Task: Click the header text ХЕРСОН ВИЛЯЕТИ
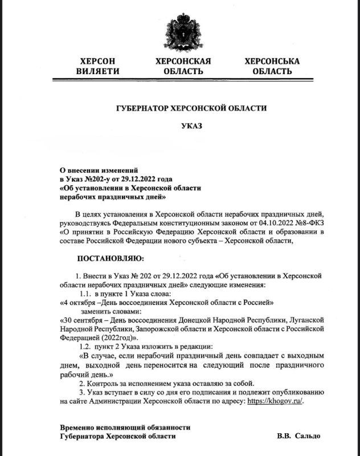pyautogui.click(x=98, y=66)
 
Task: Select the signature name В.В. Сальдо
pyautogui.click(x=298, y=435)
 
